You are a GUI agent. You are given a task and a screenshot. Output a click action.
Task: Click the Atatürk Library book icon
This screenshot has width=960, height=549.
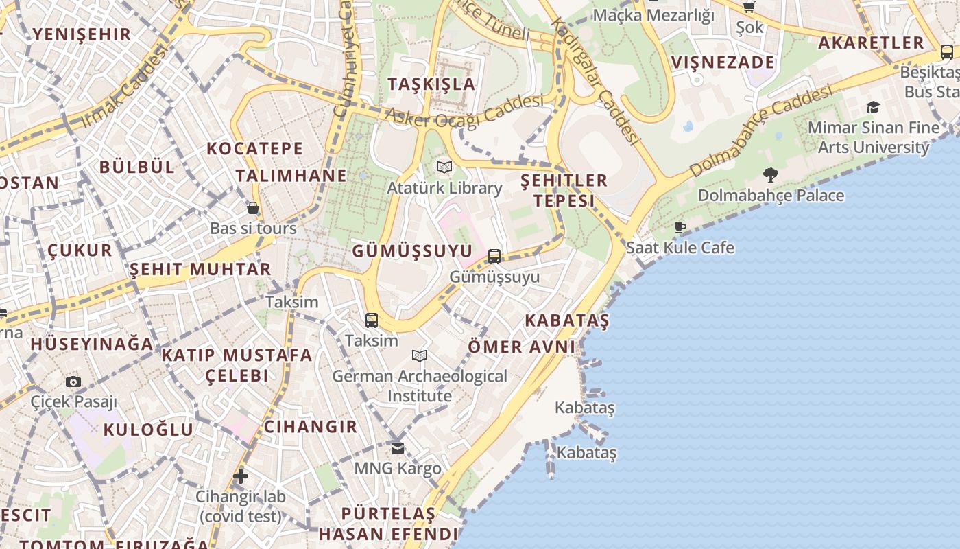coord(444,167)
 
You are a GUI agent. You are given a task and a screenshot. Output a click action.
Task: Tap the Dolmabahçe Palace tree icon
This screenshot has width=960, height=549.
coord(771,174)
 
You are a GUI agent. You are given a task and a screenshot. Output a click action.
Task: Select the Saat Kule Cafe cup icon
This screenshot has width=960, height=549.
coord(680,227)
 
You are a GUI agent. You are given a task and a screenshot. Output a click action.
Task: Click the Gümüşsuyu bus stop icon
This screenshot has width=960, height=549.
coord(494,257)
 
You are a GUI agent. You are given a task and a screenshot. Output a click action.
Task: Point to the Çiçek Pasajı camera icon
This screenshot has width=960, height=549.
coord(73,382)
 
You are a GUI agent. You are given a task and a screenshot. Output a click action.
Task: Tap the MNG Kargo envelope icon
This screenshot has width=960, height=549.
coord(398,448)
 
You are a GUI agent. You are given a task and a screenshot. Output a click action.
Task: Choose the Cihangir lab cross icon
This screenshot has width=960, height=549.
coord(240,476)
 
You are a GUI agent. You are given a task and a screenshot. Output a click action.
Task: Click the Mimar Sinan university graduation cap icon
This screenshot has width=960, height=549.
coord(873,107)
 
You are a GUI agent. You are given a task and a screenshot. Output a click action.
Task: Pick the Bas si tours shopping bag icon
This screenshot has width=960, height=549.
coord(253,208)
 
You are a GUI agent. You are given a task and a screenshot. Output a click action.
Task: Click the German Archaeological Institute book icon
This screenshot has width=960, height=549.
coord(420,355)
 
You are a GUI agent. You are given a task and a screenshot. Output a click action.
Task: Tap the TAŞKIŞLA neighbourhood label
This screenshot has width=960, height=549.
coord(431,84)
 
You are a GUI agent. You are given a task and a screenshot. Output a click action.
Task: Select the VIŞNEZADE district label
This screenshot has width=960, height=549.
coord(723,62)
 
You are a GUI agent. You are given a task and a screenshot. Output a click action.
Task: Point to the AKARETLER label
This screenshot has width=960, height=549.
coord(871,43)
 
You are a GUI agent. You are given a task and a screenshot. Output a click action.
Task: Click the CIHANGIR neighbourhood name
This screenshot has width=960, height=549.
coord(311,426)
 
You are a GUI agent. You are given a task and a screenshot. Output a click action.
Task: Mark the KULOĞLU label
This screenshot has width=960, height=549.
coord(148,430)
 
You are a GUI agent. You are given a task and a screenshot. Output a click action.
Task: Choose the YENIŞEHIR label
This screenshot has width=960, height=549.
coord(82,34)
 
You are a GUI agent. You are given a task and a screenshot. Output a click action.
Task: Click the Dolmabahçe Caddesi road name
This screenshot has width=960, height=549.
coord(761,130)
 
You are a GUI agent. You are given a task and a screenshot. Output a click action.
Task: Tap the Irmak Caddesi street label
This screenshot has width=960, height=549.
coord(124,86)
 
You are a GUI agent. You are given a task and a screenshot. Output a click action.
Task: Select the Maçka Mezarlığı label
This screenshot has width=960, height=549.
coord(653,15)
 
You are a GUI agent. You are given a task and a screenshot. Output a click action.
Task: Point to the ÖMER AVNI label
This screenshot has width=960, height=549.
coord(521,347)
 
